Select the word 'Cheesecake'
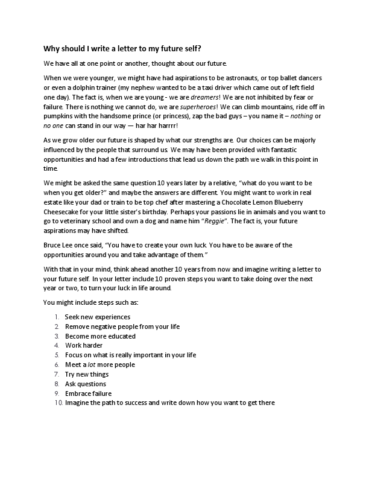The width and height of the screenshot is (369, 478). pyautogui.click(x=65, y=212)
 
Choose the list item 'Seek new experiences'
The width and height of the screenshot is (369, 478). pyautogui.click(x=97, y=317)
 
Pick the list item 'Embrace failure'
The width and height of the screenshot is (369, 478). pyautogui.click(x=89, y=394)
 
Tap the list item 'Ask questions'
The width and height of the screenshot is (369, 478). pyautogui.click(x=86, y=384)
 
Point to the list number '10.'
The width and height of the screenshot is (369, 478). pyautogui.click(x=58, y=403)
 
